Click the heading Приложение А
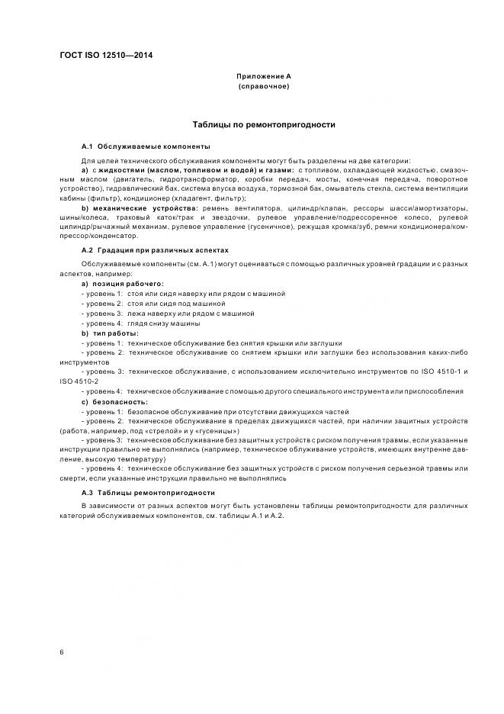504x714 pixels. click(263, 76)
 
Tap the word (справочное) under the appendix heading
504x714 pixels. click(263, 87)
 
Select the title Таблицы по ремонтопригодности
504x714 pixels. click(263, 124)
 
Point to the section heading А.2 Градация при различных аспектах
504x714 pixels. click(155, 249)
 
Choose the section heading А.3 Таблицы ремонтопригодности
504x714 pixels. click(149, 493)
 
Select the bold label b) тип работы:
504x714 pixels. click(110, 333)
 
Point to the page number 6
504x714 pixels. click(62, 651)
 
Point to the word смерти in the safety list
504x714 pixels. click(74, 479)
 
